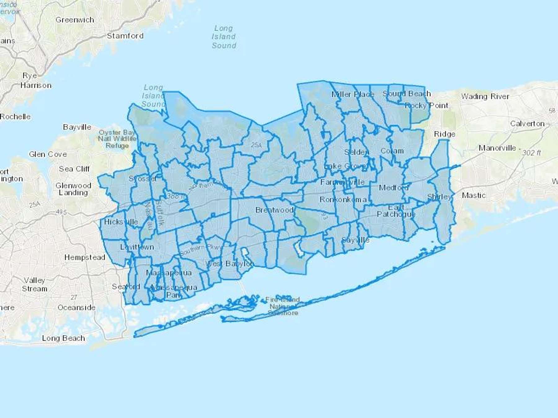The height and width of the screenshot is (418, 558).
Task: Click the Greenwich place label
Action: coord(75,20)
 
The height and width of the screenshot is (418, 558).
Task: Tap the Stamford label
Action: coord(125,36)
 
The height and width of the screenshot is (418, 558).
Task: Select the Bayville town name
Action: coord(77,127)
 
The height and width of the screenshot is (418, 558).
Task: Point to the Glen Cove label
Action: coord(48,154)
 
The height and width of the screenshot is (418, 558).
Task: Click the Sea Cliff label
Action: coord(74,169)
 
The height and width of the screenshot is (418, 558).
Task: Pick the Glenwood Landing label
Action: coord(73,189)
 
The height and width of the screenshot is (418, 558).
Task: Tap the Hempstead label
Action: coord(85,257)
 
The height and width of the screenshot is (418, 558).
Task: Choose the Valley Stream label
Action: coord(34,284)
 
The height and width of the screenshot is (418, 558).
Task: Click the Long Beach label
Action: coord(64,338)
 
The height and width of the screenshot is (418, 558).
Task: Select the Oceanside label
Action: coord(77,307)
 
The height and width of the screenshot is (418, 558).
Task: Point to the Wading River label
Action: coord(485,97)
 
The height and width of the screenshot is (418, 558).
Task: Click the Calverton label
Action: coord(527,124)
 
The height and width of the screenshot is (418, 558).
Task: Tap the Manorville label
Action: coord(497,148)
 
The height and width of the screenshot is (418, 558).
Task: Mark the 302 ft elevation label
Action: coord(531,153)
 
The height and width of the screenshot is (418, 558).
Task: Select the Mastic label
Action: coord(474,195)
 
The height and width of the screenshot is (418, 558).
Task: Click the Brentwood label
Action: coord(274,210)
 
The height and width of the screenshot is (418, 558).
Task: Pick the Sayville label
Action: coord(355,240)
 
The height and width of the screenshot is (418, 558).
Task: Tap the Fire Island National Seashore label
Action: coord(283,306)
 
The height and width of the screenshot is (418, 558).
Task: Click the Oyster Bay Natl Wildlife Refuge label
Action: coord(117,139)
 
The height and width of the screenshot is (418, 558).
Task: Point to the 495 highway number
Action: coord(61,212)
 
